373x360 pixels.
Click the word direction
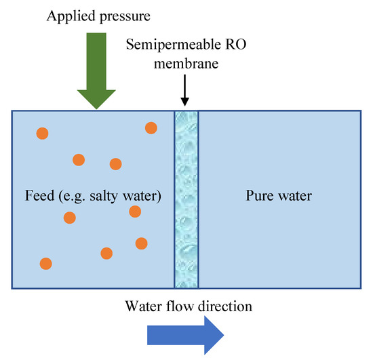[x=224, y=306]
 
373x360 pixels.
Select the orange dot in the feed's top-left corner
[x=43, y=133]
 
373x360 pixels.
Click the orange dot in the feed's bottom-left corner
[x=45, y=263]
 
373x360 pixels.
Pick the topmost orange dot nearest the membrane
[x=151, y=127]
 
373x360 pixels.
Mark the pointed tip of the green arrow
[x=97, y=106]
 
